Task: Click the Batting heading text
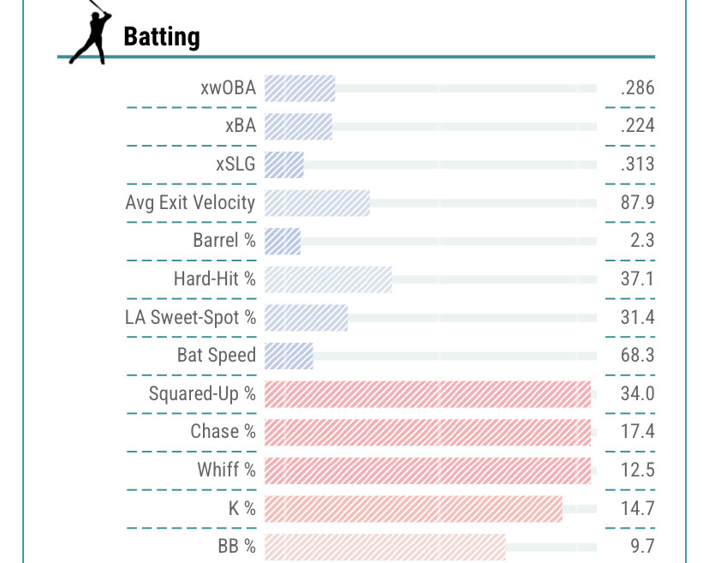pyautogui.click(x=162, y=37)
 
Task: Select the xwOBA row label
pyautogui.click(x=227, y=87)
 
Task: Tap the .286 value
pyautogui.click(x=638, y=87)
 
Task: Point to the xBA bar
pyautogui.click(x=298, y=126)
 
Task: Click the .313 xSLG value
pyautogui.click(x=638, y=164)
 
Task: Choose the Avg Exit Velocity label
pyautogui.click(x=190, y=202)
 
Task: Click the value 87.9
pyautogui.click(x=638, y=202)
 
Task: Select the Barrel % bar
pyautogui.click(x=283, y=241)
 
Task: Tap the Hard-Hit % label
pyautogui.click(x=214, y=279)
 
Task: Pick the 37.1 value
pyautogui.click(x=638, y=279)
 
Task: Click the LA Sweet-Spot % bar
pyautogui.click(x=306, y=317)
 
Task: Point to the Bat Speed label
pyautogui.click(x=216, y=355)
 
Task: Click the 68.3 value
pyautogui.click(x=638, y=355)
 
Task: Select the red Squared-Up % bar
pyautogui.click(x=427, y=393)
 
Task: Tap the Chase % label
pyautogui.click(x=223, y=431)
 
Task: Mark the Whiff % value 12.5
pyautogui.click(x=638, y=470)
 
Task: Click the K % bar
pyautogui.click(x=413, y=508)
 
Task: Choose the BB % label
pyautogui.click(x=236, y=546)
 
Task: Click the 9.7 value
pyautogui.click(x=642, y=546)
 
